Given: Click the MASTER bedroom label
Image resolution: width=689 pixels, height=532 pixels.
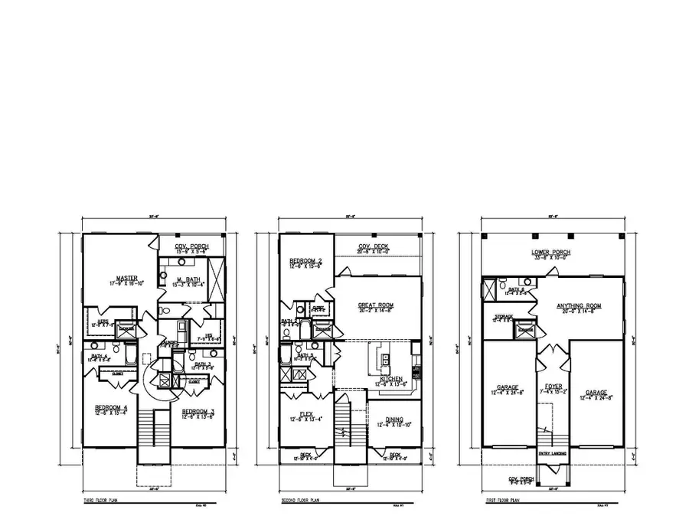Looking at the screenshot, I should (126, 278).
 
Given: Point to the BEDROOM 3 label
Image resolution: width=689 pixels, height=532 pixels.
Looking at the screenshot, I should (198, 413).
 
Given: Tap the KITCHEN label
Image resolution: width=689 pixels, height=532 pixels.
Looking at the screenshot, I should (391, 378).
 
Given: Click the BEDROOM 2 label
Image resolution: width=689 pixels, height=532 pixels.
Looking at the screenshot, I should (305, 262).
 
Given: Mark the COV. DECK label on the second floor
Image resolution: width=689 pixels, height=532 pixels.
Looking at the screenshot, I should (374, 246).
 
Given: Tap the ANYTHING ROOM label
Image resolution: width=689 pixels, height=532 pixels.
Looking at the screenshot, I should (579, 305).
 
